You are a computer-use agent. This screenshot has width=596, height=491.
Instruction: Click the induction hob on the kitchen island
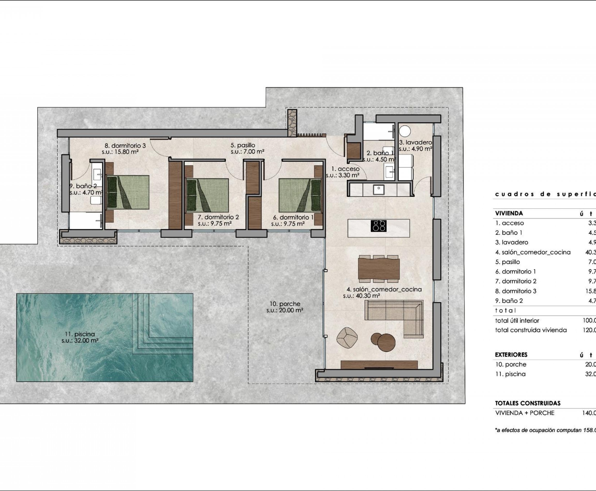(378, 226)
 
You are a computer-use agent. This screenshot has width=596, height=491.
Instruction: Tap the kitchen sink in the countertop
(378, 189)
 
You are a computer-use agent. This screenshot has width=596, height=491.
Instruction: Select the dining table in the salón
(379, 269)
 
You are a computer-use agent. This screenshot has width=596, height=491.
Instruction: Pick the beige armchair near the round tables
(347, 337)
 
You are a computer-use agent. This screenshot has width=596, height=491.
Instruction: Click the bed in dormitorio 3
(128, 192)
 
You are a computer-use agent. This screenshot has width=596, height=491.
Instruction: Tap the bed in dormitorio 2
(207, 195)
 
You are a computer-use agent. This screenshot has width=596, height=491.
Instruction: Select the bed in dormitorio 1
(300, 195)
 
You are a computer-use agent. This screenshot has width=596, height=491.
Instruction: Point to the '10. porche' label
(285, 304)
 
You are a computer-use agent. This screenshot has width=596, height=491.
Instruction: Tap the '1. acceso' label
(345, 169)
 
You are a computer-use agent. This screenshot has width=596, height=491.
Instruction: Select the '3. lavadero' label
(415, 143)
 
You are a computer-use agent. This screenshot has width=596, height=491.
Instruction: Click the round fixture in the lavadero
(405, 131)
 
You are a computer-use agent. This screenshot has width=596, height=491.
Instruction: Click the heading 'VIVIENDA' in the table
(509, 213)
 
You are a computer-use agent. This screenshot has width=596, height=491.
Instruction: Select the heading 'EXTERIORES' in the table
(511, 355)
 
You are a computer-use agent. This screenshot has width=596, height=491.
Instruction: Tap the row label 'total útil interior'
(517, 320)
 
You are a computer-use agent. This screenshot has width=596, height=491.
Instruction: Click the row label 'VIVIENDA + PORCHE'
(525, 413)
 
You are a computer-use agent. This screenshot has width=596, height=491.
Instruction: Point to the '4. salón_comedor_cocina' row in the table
(533, 252)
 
